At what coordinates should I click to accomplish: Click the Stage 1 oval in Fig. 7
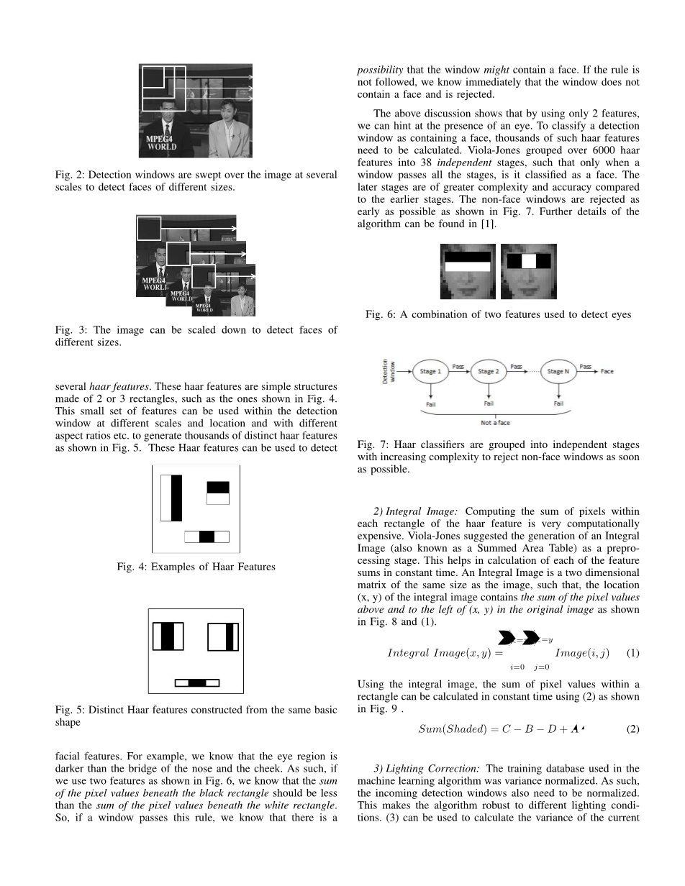(x=430, y=372)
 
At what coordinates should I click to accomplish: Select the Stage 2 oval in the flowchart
(x=488, y=372)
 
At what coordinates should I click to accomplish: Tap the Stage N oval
(x=558, y=372)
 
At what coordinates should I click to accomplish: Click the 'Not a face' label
(x=495, y=423)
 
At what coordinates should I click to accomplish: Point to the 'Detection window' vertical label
(x=386, y=372)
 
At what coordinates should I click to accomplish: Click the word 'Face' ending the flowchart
(x=607, y=372)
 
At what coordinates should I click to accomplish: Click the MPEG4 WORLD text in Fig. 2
(x=162, y=142)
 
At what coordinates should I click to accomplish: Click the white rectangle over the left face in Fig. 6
(x=468, y=265)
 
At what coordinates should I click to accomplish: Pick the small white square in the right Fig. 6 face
(x=529, y=260)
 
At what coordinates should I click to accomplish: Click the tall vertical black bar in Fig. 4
(x=176, y=498)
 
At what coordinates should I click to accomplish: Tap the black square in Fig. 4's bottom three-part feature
(x=207, y=536)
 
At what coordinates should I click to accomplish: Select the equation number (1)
(x=632, y=653)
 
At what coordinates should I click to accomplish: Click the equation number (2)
(x=632, y=729)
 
